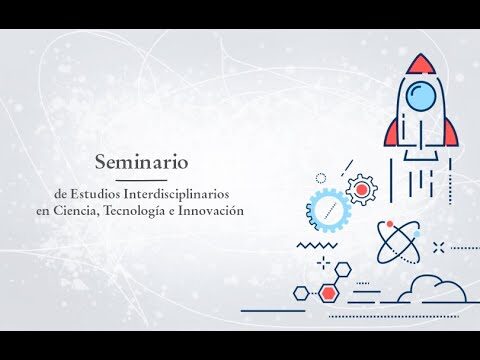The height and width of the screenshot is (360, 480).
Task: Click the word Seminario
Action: point(142,162)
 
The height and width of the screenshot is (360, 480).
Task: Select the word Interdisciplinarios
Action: point(176,194)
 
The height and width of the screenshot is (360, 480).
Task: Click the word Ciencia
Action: point(76,211)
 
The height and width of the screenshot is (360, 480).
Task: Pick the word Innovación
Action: point(211,211)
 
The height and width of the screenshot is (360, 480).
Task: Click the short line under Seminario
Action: point(141,180)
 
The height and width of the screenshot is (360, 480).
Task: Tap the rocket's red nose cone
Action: point(420,64)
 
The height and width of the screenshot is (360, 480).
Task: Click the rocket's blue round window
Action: point(421,96)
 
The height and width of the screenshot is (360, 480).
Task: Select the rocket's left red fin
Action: point(391,134)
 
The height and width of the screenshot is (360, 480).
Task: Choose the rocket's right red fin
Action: point(451,133)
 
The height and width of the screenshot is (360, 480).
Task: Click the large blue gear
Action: point(328,210)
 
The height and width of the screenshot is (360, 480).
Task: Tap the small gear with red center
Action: point(362,189)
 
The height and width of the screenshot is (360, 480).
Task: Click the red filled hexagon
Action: point(329,293)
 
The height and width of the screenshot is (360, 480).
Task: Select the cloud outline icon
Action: point(433,289)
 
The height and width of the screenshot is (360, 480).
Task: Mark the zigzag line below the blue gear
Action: point(317,245)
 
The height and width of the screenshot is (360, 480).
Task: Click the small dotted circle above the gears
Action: point(321,178)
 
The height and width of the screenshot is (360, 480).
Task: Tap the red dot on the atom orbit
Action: point(390,223)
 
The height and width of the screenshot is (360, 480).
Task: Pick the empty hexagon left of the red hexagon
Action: point(301,293)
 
